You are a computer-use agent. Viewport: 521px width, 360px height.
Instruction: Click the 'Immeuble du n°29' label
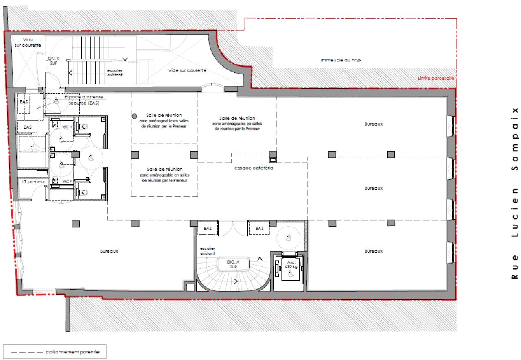tap(341, 60)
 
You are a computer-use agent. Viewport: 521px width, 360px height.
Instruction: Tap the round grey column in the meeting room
tap(134, 116)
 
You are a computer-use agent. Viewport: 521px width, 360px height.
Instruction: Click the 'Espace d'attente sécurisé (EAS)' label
tap(84, 100)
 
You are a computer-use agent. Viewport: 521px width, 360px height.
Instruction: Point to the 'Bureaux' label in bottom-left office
tap(109, 251)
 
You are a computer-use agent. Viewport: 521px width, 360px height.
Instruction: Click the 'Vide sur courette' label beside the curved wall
tap(187, 70)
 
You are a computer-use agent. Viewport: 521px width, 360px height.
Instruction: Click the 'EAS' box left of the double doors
tap(208, 229)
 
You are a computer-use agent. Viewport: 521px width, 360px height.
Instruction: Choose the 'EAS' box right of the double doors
tap(259, 229)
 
